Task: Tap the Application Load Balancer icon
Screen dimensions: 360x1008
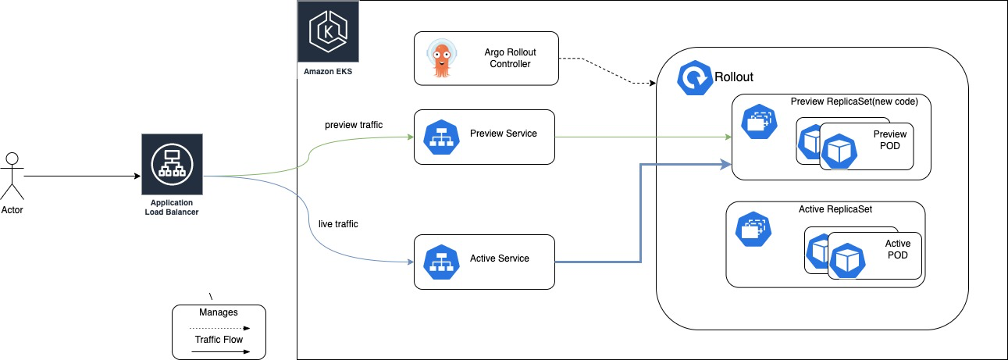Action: tap(171, 163)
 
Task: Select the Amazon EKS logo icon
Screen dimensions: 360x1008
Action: tap(327, 32)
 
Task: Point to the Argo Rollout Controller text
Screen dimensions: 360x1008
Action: tap(510, 58)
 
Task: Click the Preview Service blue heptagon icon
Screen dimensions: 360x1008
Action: tap(441, 137)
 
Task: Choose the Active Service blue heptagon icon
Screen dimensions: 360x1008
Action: tap(441, 261)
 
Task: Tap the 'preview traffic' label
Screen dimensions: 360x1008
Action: tap(354, 124)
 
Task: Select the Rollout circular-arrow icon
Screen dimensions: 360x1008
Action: tap(693, 78)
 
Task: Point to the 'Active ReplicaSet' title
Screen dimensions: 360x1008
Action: tap(835, 209)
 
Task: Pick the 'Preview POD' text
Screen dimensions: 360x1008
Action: tap(889, 140)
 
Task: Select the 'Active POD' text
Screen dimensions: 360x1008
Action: tap(897, 249)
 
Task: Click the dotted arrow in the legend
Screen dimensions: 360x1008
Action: tap(219, 329)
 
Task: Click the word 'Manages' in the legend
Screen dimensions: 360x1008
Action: tap(219, 312)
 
